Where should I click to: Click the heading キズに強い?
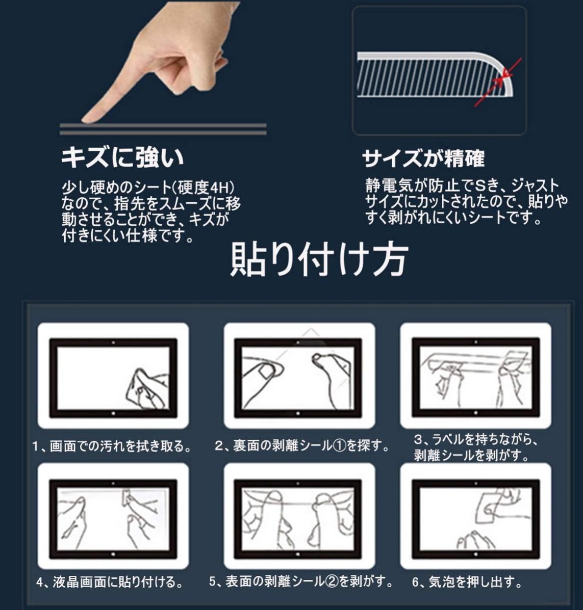[x=122, y=158]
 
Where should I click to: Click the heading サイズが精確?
[x=423, y=158]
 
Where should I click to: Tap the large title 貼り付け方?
[x=319, y=259]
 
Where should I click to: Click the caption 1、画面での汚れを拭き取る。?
[x=112, y=446]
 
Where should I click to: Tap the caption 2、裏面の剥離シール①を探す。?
[x=301, y=445]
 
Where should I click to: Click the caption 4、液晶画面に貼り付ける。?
[x=110, y=582]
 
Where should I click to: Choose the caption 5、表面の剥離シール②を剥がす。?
[x=300, y=581]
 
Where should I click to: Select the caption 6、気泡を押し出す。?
[x=467, y=582]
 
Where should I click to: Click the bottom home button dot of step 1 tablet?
[x=113, y=413]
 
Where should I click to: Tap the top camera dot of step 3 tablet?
[x=475, y=342]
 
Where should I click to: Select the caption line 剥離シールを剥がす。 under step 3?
[x=472, y=455]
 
